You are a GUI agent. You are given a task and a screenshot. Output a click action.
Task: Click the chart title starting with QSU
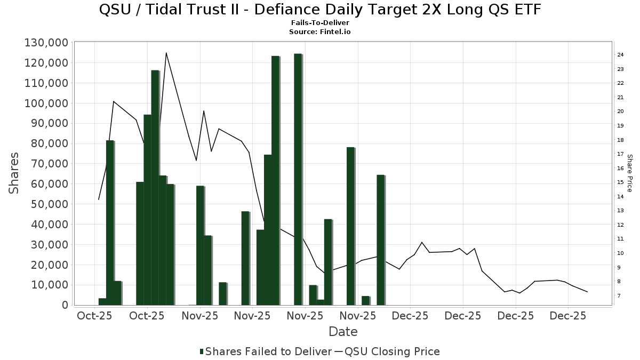coord(320,10)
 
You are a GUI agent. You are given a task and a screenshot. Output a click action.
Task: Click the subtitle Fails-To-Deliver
coord(320,23)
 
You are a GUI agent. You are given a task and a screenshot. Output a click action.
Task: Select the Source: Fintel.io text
coord(320,32)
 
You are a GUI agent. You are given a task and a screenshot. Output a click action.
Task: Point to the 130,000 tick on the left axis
coord(46,43)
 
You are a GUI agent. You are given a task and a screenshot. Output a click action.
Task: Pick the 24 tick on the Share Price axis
coord(621,55)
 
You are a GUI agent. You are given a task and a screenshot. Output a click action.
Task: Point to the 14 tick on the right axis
coord(621,197)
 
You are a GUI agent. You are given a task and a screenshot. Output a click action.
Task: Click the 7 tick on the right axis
coord(619,296)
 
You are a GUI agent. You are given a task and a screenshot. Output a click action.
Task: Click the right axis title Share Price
coord(629,173)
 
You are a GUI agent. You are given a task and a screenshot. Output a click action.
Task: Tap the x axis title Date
coord(343,332)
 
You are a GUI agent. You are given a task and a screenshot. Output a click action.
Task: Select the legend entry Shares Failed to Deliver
coord(265,351)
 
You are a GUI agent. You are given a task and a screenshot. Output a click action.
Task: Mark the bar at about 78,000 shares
coord(350,226)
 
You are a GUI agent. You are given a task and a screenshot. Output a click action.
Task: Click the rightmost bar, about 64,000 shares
coord(380,240)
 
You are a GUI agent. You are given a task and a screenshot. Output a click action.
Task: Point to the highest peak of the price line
coord(166,53)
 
